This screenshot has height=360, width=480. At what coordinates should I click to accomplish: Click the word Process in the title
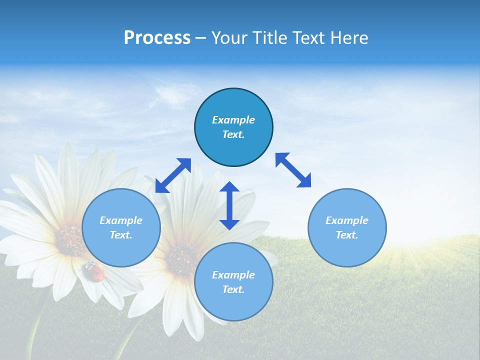[157, 38]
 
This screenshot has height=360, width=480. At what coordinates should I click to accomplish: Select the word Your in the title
[230, 38]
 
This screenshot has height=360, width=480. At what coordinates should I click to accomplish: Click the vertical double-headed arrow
[229, 205]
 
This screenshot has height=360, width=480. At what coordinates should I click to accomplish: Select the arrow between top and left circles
[173, 175]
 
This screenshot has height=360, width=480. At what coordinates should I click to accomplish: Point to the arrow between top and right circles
[293, 170]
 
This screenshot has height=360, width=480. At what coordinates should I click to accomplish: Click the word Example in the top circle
[233, 120]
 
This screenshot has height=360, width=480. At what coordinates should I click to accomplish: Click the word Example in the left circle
[121, 220]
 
